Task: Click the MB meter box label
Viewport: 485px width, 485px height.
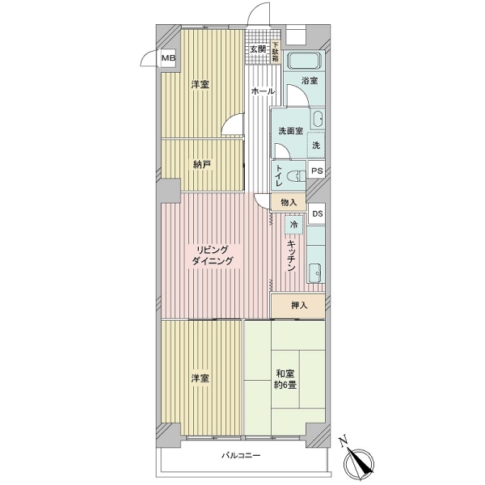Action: (x=169, y=58)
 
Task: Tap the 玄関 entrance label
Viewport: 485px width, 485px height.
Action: (x=258, y=48)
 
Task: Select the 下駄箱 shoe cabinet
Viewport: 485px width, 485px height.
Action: (x=275, y=53)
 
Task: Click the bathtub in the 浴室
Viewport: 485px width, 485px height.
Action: (x=305, y=61)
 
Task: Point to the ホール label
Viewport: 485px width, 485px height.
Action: (x=263, y=91)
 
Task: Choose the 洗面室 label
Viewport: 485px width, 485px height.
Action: (x=290, y=131)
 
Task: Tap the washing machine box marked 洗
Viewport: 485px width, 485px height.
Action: (x=316, y=145)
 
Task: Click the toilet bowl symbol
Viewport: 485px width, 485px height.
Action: (x=296, y=176)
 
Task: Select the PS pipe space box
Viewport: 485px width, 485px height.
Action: (x=316, y=171)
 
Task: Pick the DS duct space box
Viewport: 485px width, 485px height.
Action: (x=317, y=213)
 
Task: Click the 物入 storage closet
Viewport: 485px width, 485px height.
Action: (x=289, y=203)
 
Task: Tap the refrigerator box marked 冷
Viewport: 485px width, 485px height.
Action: (x=293, y=224)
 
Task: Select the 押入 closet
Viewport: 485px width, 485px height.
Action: (x=298, y=306)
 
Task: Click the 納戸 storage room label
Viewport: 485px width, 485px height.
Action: (x=201, y=165)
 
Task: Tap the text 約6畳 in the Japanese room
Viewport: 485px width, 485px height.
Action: (x=285, y=385)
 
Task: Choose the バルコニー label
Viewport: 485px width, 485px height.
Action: (x=241, y=455)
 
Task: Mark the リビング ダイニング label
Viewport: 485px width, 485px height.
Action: (x=213, y=255)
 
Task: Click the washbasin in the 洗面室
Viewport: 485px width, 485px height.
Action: (x=317, y=119)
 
